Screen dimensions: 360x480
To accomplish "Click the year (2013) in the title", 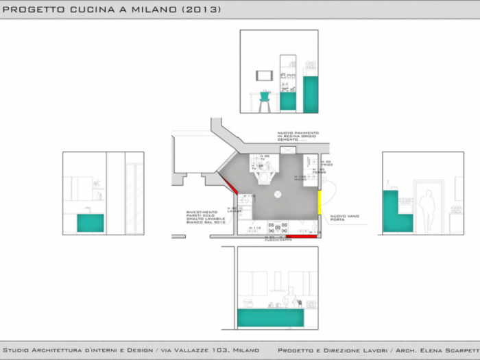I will point(202,10).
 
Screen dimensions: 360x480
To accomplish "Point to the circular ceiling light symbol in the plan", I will point(278,195).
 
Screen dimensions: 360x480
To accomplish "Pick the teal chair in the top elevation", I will point(265,100).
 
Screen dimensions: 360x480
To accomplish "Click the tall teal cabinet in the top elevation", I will point(310,94).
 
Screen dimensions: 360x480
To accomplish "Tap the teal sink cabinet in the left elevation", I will point(90,223).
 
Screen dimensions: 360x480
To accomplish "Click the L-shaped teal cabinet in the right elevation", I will point(395,214).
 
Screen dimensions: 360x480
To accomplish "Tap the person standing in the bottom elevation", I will point(291,296).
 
